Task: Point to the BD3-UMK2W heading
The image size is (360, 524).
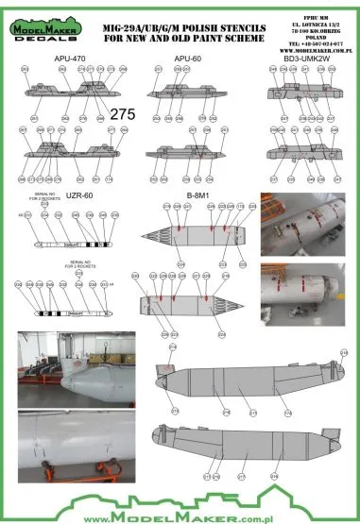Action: [x=294, y=58]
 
